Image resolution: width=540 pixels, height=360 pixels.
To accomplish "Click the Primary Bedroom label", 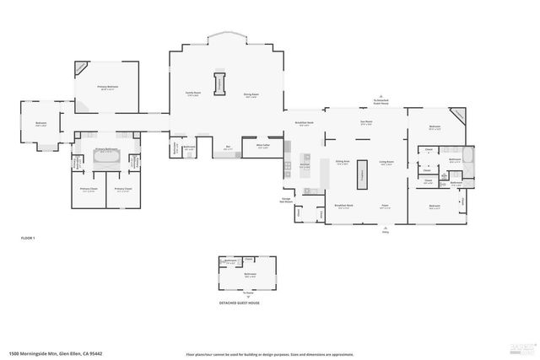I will tap(106, 88).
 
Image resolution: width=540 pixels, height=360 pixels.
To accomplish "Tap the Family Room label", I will tap(193, 94).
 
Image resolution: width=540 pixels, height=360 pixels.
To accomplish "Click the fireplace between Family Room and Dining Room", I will tap(222, 85).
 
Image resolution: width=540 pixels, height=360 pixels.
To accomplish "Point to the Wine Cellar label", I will tap(263, 145).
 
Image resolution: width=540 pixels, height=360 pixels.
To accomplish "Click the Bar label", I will tap(229, 147).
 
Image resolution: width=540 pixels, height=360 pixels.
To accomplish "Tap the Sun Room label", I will tap(366, 123).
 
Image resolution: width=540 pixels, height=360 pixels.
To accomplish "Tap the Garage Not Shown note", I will tap(287, 201).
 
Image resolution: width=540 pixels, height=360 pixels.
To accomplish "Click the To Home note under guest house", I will tap(249, 293).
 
